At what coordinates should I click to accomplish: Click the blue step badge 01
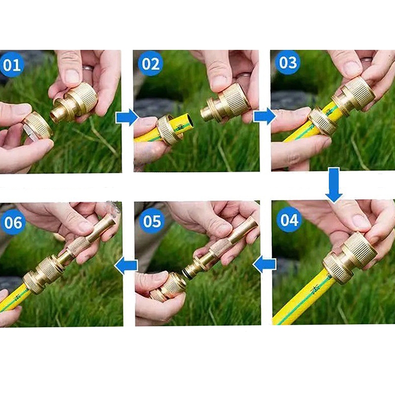(x=12, y=64)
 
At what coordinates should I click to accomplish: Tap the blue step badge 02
(x=151, y=64)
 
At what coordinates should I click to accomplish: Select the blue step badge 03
(x=288, y=62)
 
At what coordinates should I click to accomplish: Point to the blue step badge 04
(x=289, y=220)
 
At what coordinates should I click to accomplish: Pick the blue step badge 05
(x=152, y=221)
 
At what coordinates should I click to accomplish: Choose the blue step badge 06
(x=13, y=222)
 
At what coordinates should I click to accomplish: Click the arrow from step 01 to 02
(x=127, y=118)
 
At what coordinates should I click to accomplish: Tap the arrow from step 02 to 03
(x=265, y=117)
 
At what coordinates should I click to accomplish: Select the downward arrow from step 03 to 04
(x=334, y=185)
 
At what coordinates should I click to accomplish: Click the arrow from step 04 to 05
(x=264, y=264)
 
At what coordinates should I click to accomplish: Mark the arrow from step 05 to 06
(x=126, y=266)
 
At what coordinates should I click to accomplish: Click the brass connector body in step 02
(x=226, y=104)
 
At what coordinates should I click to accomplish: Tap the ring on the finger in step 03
(x=366, y=59)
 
